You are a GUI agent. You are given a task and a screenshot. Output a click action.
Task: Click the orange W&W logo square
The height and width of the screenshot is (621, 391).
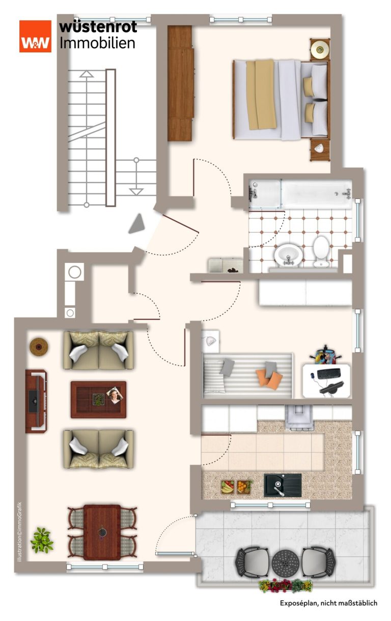35,36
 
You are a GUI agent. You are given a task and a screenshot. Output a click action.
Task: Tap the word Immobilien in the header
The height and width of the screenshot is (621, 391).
97,43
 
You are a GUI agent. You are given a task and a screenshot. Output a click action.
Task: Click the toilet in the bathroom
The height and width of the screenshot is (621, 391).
321,251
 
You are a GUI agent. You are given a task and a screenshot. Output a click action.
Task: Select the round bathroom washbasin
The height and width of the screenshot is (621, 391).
289,255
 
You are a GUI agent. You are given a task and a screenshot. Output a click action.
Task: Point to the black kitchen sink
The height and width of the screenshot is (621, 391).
283,485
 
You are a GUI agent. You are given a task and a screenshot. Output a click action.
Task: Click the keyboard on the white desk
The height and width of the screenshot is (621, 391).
329,373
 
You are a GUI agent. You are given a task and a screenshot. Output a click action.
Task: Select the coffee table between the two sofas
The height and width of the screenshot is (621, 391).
98,399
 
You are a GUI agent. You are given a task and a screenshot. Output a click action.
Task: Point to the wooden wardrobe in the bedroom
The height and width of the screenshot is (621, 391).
180,83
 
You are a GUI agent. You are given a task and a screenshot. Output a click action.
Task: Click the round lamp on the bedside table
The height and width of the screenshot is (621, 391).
320,50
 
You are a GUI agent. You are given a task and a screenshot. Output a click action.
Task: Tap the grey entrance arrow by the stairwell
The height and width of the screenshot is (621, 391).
137,223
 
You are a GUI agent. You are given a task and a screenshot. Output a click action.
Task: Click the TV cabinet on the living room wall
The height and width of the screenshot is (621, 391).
36,401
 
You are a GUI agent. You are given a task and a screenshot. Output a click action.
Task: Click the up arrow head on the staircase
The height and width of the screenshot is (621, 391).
87,74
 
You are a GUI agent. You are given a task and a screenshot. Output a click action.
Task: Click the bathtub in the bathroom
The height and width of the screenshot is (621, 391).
300,194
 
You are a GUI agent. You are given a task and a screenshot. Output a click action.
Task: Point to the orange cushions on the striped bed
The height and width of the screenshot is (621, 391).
269,379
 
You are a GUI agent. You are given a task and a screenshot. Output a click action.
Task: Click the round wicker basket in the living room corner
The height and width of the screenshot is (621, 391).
39,346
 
